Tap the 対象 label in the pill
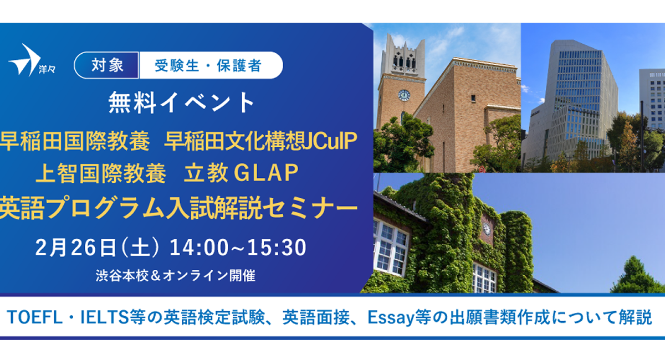pos(107,65)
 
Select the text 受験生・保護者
pos(208,65)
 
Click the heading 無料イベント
pos(181,102)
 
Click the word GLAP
pos(266,173)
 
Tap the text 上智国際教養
pos(101,173)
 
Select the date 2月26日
pos(75,247)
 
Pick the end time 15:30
pos(277,247)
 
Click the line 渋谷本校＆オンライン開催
pos(176,276)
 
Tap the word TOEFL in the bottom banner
pos(35,317)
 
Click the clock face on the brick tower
pos(404,95)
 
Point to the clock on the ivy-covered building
pos(487,229)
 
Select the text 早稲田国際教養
pos(75,141)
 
